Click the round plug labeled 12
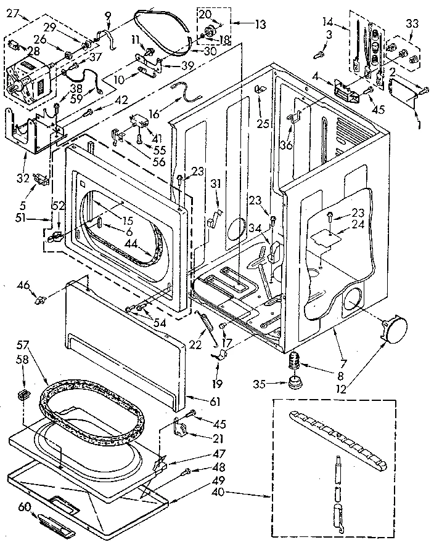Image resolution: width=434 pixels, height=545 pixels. (x=393, y=327)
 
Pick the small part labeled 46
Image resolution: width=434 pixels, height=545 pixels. (x=43, y=301)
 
